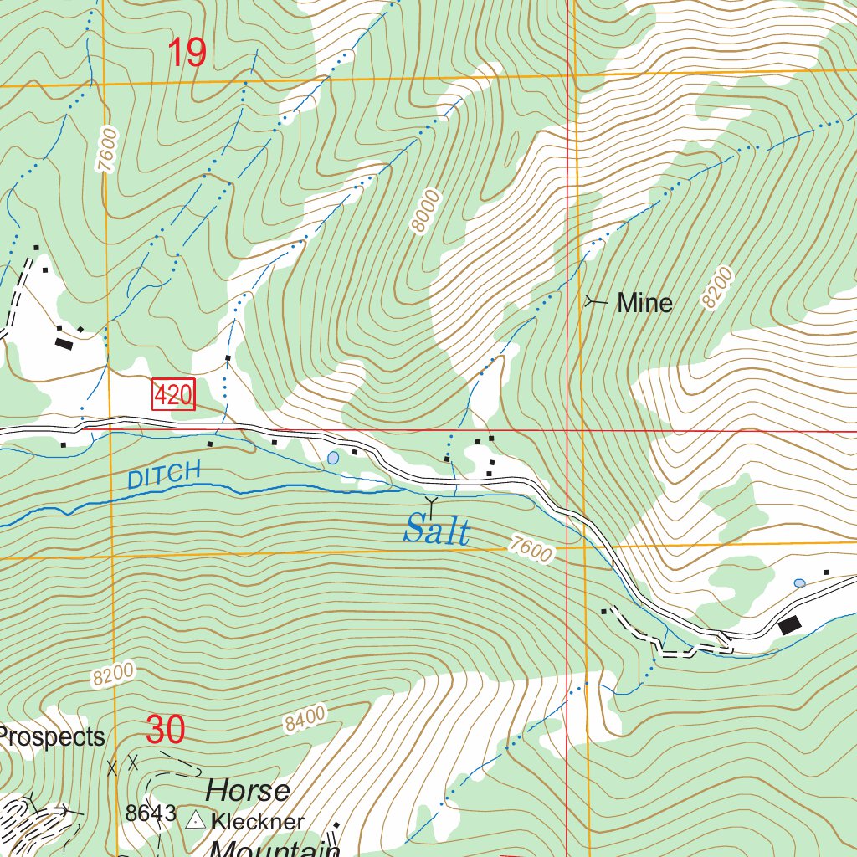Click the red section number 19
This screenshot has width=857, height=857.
click(187, 53)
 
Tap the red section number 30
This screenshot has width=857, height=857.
click(165, 730)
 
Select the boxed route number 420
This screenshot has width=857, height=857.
click(173, 395)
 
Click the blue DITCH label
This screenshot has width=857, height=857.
click(165, 475)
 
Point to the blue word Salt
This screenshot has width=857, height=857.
click(436, 530)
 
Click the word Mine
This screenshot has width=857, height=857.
click(644, 303)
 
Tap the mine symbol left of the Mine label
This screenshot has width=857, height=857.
click(595, 301)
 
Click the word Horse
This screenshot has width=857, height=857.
click(249, 790)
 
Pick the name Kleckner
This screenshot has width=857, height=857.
click(258, 821)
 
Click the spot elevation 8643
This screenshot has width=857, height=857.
click(151, 813)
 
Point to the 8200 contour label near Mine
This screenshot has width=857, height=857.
click(718, 288)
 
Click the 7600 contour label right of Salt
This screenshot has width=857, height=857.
click(531, 550)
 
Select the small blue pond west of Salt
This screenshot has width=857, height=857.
click(334, 458)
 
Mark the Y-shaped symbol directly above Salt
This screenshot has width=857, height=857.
click(432, 503)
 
